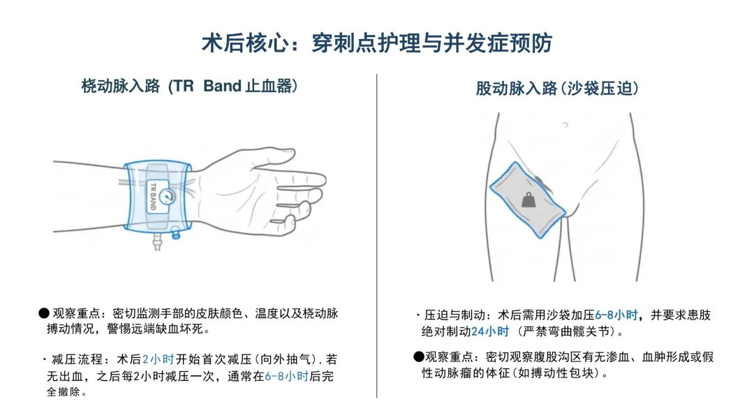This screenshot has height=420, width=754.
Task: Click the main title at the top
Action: tap(376, 43)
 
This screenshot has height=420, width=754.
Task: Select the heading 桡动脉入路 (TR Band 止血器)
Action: tap(189, 86)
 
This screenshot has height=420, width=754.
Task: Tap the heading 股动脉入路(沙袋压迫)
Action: tap(557, 89)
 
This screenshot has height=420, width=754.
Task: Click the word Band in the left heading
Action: tap(222, 86)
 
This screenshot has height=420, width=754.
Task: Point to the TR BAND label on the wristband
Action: tap(154, 196)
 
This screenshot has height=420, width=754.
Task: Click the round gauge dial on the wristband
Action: tap(167, 196)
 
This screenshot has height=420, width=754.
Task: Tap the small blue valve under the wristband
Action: tap(175, 234)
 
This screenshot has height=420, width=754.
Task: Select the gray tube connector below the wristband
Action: tap(157, 241)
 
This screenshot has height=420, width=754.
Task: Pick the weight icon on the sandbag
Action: tap(528, 200)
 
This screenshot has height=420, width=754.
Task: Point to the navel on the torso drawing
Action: tap(565, 125)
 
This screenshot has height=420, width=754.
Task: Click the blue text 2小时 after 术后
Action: tap(158, 359)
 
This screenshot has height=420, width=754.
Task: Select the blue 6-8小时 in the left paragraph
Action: tap(287, 376)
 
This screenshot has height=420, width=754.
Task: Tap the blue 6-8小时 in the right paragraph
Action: tap(616, 315)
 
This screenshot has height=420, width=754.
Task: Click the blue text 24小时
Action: tap(490, 331)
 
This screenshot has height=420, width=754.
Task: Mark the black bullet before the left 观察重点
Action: tap(44, 314)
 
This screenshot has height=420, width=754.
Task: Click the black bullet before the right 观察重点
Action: tap(418, 357)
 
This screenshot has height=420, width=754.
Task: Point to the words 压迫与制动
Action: tap(455, 315)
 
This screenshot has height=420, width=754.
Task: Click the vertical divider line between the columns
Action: tap(376, 236)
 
